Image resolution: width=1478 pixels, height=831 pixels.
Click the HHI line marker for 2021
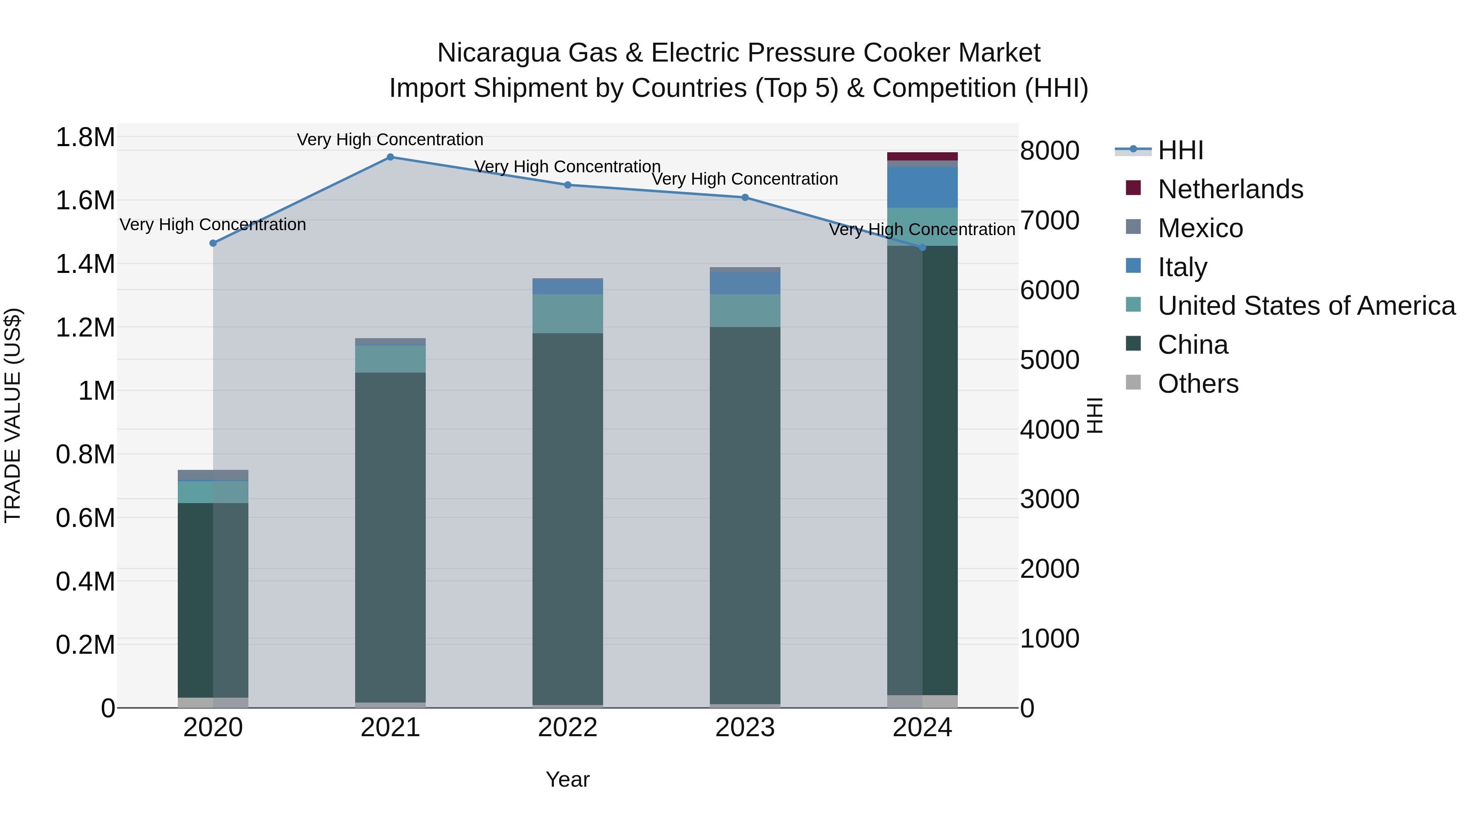pyautogui.click(x=390, y=157)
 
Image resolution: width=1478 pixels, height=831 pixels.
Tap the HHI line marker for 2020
pyautogui.click(x=213, y=243)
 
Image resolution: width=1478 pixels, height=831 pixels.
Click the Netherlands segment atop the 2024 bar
pyautogui.click(x=923, y=157)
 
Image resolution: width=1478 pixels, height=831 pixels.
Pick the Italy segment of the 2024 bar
pyautogui.click(x=923, y=188)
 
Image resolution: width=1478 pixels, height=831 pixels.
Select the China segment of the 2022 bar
pyautogui.click(x=567, y=516)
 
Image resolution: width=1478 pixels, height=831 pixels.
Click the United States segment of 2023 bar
pyautogui.click(x=745, y=311)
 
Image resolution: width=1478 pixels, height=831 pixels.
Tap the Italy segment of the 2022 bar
pyautogui.click(x=567, y=286)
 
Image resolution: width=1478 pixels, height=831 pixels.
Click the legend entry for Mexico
pyautogui.click(x=1200, y=228)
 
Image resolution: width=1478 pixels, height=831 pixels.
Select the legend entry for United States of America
pyautogui.click(x=1306, y=306)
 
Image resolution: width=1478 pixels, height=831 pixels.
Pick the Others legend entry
pyautogui.click(x=1198, y=384)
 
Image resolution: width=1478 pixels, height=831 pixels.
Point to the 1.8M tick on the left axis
pyautogui.click(x=85, y=137)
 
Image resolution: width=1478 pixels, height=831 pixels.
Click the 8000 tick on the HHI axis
pyautogui.click(x=1050, y=151)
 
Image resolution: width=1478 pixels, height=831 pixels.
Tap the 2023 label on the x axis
pyautogui.click(x=745, y=728)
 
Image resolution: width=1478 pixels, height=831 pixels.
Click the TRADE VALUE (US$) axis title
pyautogui.click(x=13, y=415)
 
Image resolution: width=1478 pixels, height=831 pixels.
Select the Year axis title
pyautogui.click(x=567, y=779)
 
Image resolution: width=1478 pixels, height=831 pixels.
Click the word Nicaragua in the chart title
pyautogui.click(x=498, y=53)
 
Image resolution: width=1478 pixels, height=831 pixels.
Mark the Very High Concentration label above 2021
pyautogui.click(x=390, y=140)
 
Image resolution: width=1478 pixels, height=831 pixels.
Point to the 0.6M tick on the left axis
pyautogui.click(x=85, y=518)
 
